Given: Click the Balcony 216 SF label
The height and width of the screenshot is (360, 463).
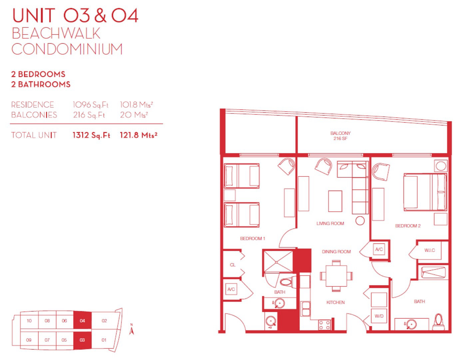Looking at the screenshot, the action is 340,136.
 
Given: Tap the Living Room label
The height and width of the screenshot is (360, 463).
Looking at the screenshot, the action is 330,223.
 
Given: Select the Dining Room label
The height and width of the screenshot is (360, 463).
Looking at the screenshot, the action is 336,252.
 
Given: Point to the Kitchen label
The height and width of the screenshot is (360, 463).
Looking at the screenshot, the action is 335,302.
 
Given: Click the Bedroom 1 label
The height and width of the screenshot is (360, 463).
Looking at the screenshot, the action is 252,239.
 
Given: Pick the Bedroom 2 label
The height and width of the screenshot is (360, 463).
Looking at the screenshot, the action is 408,226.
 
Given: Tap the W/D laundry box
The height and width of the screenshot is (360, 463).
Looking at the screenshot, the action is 379,316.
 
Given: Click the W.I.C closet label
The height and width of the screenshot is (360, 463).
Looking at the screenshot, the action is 430,250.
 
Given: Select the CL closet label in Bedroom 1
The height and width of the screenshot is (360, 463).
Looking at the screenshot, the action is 232,265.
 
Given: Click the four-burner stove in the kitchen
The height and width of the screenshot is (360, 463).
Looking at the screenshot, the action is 325,325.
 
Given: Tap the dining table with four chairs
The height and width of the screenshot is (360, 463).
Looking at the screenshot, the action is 336,276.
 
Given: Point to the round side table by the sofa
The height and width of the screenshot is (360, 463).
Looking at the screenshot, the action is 360,221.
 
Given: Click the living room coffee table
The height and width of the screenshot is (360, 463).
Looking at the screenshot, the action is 335,201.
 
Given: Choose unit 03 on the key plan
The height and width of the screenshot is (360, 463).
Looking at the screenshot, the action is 83,340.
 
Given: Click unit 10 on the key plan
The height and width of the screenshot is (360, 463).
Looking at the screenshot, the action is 29,321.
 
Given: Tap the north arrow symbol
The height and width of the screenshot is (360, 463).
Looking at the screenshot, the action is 132,329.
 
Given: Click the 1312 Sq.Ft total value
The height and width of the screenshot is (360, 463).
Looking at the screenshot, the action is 91,135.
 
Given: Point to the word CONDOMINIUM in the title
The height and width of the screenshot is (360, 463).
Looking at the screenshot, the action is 67,49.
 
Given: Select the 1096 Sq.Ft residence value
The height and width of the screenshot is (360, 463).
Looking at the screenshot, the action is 91,105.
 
